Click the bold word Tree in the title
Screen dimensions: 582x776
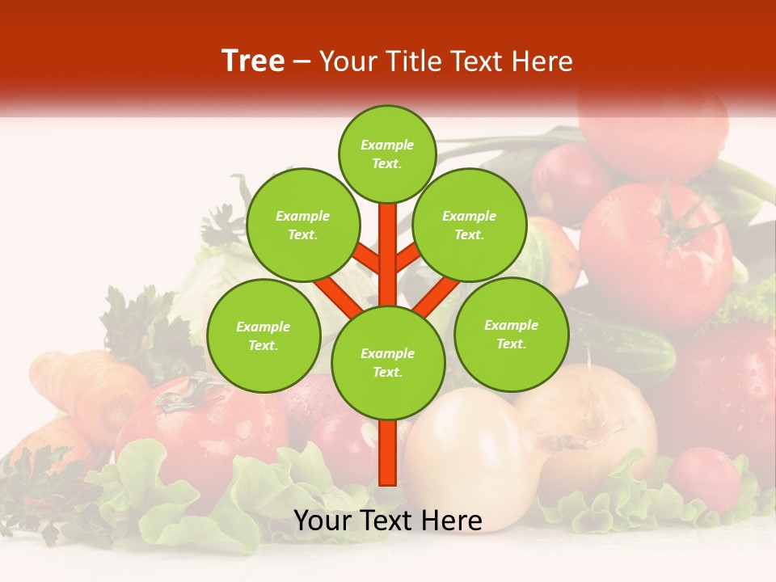253,61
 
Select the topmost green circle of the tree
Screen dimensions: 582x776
387,154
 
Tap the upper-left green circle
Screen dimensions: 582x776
302,225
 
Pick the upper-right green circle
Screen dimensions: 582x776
469,225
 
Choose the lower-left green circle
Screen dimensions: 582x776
264,335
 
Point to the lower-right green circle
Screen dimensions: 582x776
511,334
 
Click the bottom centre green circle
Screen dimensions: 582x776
388,362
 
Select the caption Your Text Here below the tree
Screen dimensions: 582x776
388,521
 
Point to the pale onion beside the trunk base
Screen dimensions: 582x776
469,453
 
